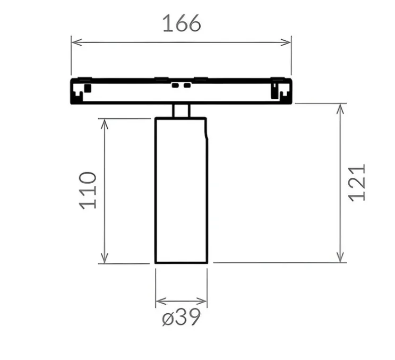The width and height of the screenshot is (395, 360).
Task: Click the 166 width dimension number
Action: (x=182, y=24)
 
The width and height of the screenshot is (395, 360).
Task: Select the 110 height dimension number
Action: (x=89, y=190)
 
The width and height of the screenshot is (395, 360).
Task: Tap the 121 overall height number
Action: (x=357, y=182)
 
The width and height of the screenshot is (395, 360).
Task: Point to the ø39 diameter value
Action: (x=182, y=318)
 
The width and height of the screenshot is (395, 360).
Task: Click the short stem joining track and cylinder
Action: (x=181, y=110)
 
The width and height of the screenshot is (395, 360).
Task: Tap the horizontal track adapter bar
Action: (x=181, y=91)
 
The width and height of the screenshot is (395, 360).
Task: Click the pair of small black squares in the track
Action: (x=181, y=84)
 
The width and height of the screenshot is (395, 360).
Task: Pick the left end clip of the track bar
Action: (x=82, y=90)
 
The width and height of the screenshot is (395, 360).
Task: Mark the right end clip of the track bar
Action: (x=279, y=90)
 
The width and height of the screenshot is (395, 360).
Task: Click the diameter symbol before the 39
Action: (x=168, y=319)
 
